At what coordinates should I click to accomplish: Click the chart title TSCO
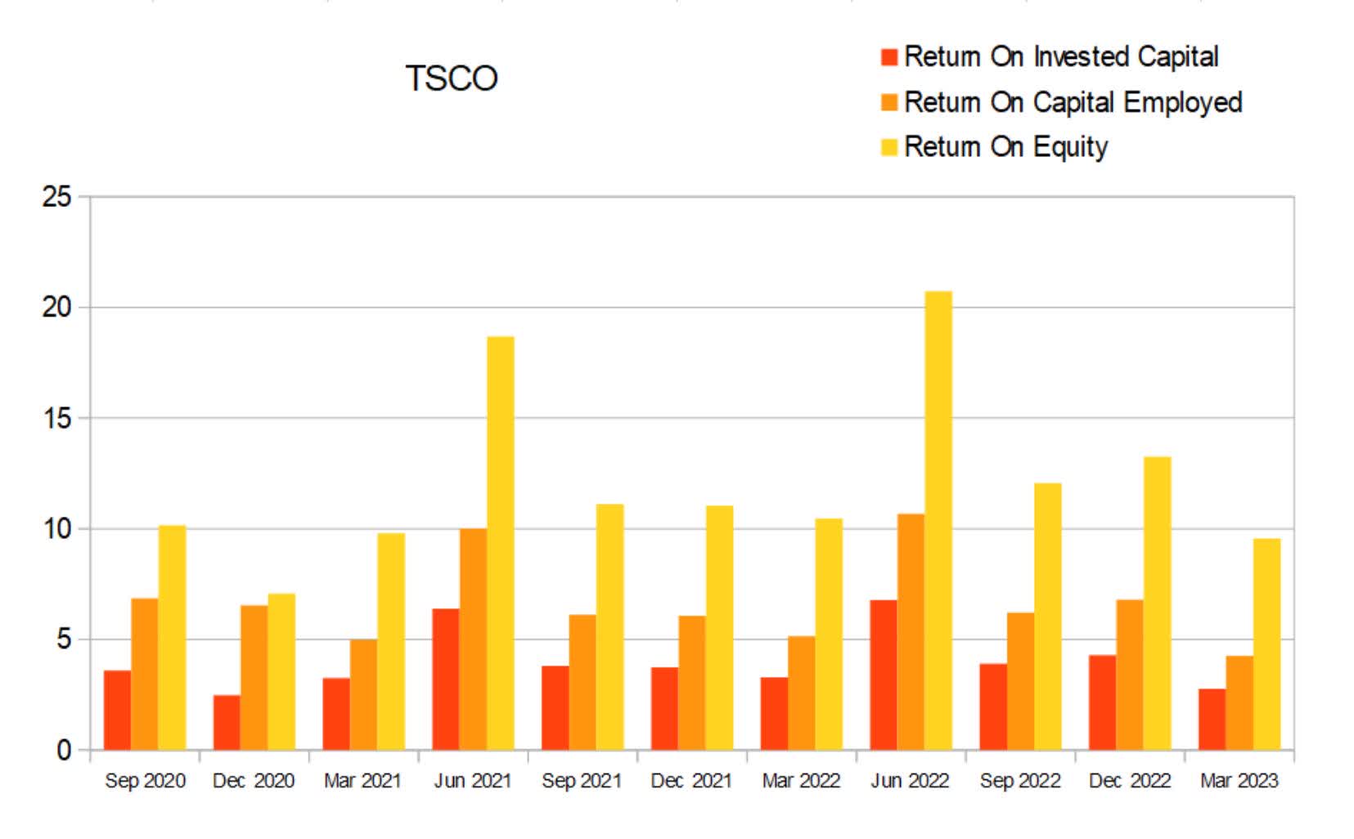[452, 79]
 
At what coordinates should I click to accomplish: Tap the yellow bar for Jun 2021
[501, 543]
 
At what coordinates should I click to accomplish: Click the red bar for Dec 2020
[227, 722]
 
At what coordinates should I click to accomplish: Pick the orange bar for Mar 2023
[1239, 702]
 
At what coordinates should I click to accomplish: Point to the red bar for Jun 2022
[884, 675]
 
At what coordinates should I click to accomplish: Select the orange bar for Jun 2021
[473, 639]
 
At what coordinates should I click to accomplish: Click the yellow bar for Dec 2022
[1157, 603]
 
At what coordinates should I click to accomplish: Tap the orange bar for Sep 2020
[145, 674]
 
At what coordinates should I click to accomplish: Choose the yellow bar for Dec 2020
[281, 671]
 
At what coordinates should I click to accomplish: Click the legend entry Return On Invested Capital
[1061, 56]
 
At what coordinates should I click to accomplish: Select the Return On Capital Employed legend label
[1073, 102]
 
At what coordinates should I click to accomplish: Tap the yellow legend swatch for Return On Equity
[889, 147]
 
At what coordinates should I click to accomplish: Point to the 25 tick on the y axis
[57, 197]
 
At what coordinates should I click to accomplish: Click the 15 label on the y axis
[57, 419]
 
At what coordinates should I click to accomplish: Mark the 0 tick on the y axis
[64, 751]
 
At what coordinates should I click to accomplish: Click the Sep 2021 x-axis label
[582, 781]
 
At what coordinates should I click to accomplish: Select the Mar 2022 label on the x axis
[801, 781]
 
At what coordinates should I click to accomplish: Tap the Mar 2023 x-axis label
[1239, 781]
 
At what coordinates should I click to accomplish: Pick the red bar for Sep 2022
[993, 707]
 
